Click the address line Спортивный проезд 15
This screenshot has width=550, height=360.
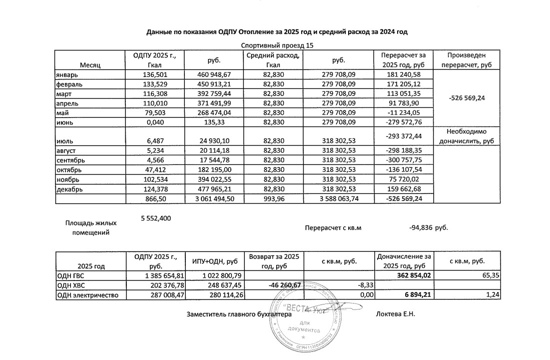[277, 45]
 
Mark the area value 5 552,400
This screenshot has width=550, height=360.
[154, 218]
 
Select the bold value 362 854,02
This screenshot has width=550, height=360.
[412, 275]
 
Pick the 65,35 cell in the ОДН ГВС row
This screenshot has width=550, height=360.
[490, 275]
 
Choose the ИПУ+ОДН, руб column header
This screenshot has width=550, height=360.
[215, 261]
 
